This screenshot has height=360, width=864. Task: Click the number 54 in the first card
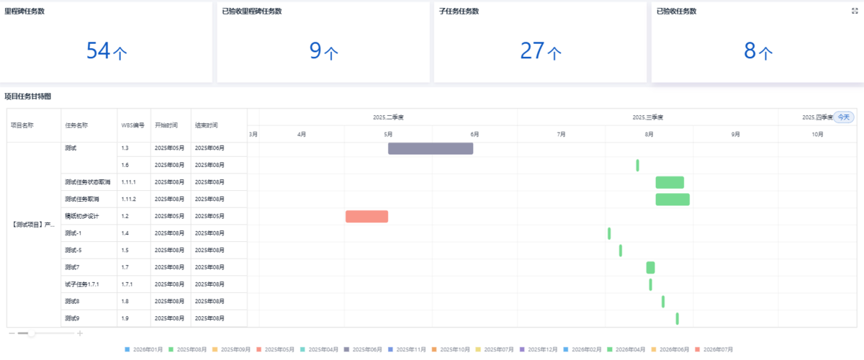click(97, 51)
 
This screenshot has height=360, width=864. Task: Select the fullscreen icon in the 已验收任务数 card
click(854, 11)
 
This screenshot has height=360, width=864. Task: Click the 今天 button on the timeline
click(843, 117)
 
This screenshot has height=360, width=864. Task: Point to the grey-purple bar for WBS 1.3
click(431, 148)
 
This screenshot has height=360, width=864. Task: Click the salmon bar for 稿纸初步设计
click(366, 216)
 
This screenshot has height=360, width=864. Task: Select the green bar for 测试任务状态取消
click(670, 182)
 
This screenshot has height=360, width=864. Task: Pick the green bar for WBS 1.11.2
click(672, 199)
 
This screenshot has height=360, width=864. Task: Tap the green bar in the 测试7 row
click(650, 267)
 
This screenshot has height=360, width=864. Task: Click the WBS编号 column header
click(133, 125)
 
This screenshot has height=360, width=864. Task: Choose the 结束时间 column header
click(206, 125)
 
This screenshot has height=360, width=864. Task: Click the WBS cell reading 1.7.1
click(130, 284)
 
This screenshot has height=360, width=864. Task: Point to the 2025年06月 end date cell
click(210, 148)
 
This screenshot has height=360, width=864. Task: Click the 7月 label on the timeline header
click(561, 135)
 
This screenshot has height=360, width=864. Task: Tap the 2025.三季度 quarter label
click(648, 117)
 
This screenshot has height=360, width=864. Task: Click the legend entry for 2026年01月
click(144, 349)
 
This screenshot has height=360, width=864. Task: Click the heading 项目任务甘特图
click(27, 96)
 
